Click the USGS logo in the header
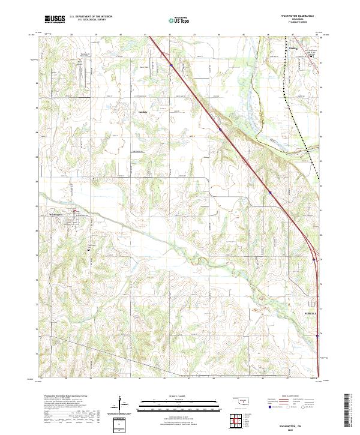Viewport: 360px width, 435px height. click(x=55, y=20)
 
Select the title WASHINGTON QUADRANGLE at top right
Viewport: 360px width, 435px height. click(x=294, y=17)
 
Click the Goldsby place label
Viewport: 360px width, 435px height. click(x=143, y=112)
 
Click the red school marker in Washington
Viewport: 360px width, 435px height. click(x=75, y=211)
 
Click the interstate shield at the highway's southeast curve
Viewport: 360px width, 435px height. click(x=314, y=260)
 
